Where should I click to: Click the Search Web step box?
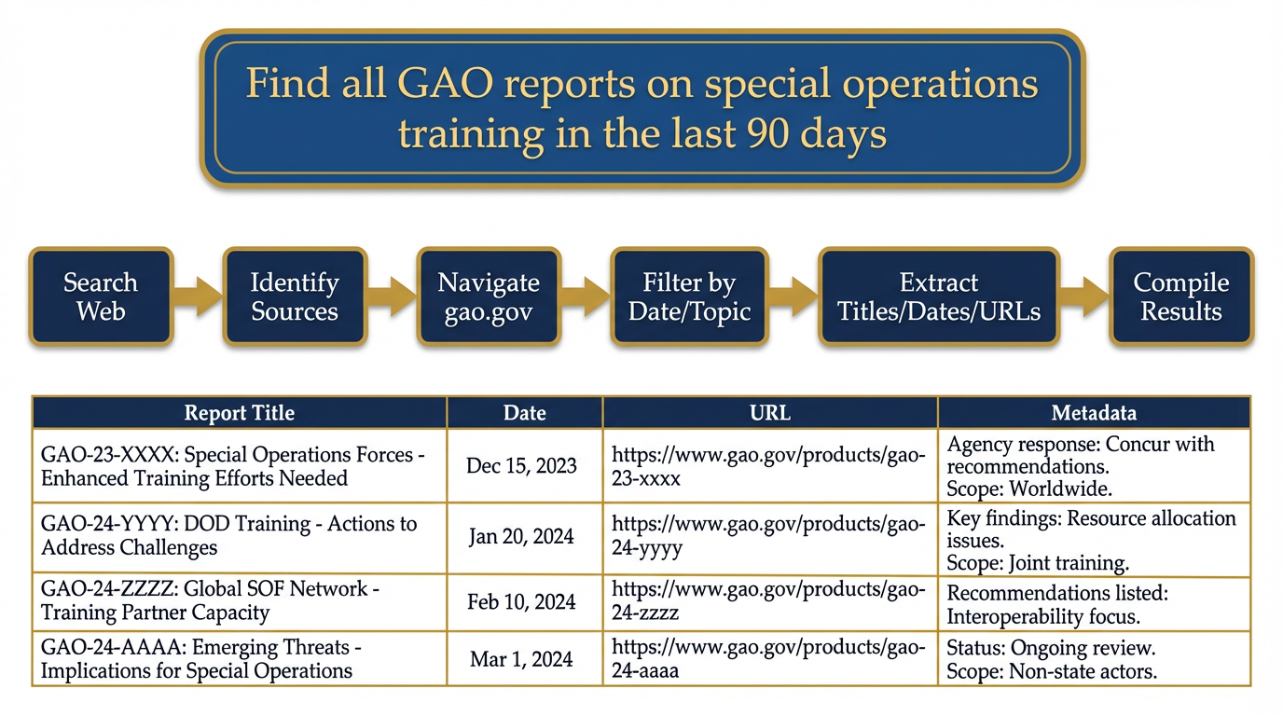(101, 296)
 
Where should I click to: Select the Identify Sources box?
(295, 296)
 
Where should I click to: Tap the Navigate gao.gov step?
(489, 296)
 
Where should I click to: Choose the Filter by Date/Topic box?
(689, 296)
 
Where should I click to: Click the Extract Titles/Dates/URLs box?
(939, 296)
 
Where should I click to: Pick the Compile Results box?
(1181, 296)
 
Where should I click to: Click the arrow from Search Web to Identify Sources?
(198, 296)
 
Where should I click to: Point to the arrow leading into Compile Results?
(1084, 296)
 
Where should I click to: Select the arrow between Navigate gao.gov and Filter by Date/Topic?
(586, 296)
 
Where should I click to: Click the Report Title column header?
(240, 412)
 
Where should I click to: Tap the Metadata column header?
(1094, 412)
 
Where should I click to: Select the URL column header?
(770, 412)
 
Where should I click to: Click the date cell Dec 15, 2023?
(521, 466)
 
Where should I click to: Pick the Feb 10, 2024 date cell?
(521, 601)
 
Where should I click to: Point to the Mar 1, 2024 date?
(521, 659)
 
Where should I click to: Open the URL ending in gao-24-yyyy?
(768, 535)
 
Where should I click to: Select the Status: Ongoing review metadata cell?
(1094, 659)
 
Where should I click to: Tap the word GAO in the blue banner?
(445, 84)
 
